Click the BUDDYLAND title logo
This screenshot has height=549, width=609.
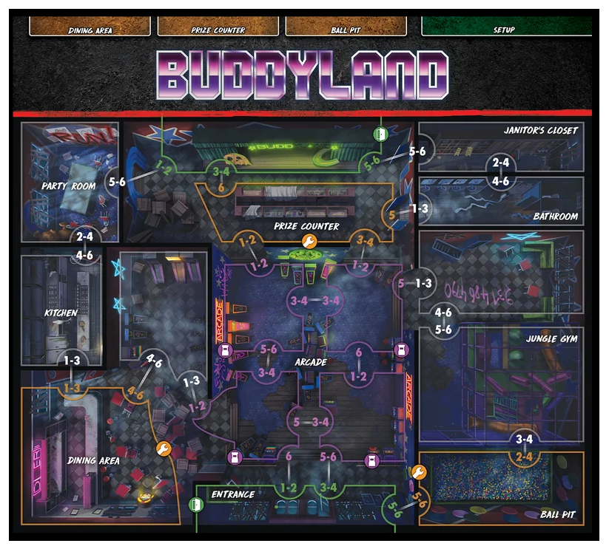coord(303,75)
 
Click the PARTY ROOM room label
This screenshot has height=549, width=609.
coord(69,186)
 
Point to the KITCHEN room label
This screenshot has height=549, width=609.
coord(61,313)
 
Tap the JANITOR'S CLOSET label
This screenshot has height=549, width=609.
coord(540,131)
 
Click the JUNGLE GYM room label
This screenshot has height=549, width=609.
coord(552,339)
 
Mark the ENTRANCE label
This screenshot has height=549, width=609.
coord(232,494)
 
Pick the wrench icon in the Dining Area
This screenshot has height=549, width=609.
coord(164,449)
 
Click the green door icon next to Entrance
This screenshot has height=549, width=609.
coord(196,505)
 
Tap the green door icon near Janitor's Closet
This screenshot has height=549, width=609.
coord(380,134)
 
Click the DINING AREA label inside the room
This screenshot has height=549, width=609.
coord(93,460)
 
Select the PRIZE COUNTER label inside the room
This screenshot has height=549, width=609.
coord(306,226)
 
